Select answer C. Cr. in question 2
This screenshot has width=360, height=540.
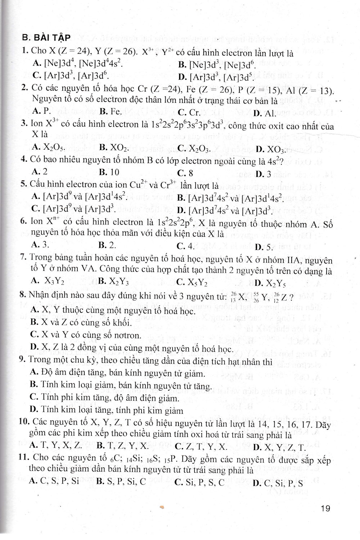pos(189,112)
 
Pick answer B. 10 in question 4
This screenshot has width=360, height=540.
pos(109,172)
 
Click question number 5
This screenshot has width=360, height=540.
pos(24,185)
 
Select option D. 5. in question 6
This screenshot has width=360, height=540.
pos(265,247)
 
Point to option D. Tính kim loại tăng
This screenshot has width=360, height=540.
pos(107,410)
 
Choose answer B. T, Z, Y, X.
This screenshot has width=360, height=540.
pos(122,447)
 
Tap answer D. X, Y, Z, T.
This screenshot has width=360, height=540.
pos(279,448)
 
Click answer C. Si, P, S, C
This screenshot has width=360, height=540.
pos(199,482)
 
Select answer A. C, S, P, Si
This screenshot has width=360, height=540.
pos(55,481)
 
